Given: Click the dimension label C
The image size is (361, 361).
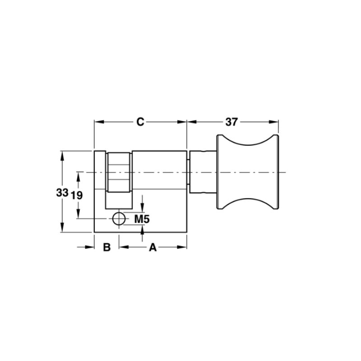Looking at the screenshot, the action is point(140,122).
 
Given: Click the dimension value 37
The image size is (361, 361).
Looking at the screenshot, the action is point(231,122).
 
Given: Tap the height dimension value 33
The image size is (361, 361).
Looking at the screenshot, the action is point(62,193).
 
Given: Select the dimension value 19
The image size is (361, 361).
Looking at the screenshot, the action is point(76,195).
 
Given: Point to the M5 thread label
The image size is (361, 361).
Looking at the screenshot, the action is point(142,219).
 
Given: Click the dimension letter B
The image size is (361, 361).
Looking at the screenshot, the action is point(106,247).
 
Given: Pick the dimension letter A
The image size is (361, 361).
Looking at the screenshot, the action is point(153,247).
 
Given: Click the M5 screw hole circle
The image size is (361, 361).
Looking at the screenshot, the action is point(119,219).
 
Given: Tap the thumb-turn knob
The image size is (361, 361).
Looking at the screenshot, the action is point(248,172).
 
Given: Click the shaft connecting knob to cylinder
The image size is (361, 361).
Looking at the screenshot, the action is point(203,172).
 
